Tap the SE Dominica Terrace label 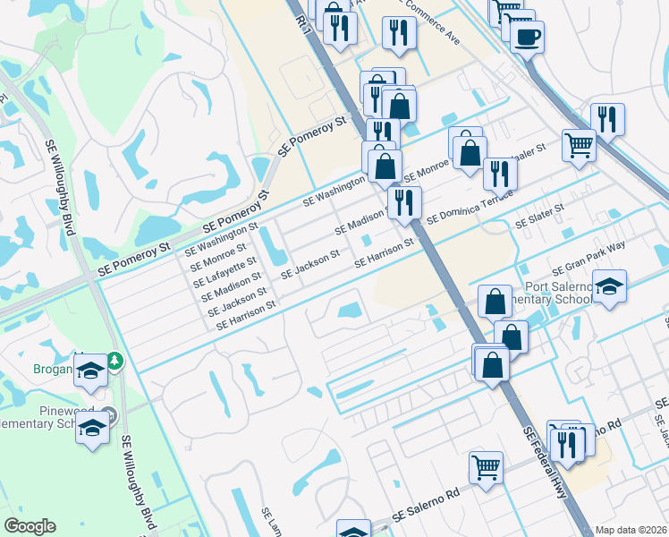(470, 206)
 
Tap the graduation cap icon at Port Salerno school (609, 286)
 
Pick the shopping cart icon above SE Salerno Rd (486, 466)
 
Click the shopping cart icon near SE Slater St (579, 143)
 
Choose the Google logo (30, 526)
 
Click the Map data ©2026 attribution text (631, 530)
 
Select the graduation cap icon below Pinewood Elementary (92, 429)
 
